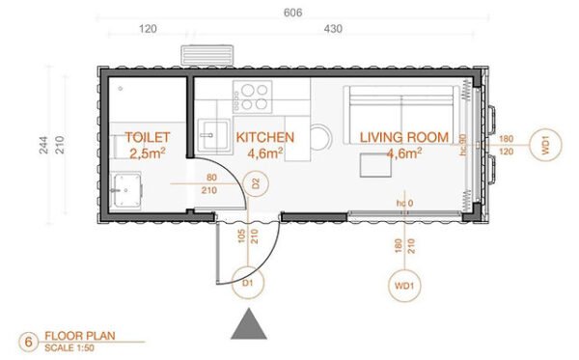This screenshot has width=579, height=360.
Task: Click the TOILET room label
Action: click(147, 137)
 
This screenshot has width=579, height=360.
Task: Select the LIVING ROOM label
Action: click(404, 137)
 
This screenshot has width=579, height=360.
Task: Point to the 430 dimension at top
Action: click(333, 31)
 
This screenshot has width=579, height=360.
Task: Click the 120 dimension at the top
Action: click(148, 31)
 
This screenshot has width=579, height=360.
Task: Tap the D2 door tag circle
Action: click(256, 180)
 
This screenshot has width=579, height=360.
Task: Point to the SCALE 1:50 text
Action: click(69, 347)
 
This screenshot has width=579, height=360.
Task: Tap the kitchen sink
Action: click(209, 133)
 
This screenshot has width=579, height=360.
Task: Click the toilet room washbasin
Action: click(125, 189)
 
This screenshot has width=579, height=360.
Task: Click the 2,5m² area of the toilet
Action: click(147, 152)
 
